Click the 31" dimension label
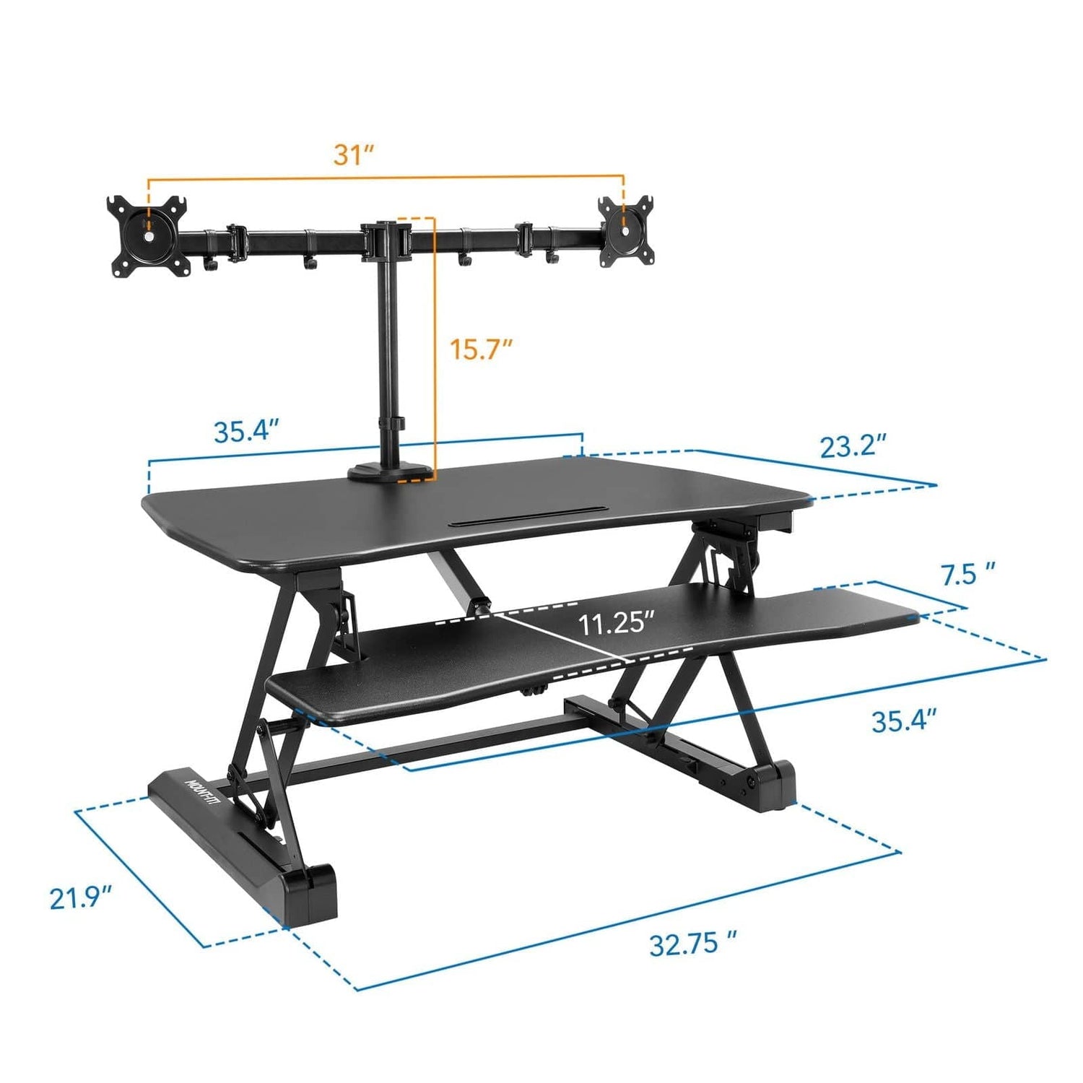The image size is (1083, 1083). coord(354,155)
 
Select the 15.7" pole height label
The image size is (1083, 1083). coord(481,349)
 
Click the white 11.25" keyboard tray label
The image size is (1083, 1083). coord(616,623)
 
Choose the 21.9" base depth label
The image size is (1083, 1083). coord(80,898)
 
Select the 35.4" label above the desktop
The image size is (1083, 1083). coord(246,431)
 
